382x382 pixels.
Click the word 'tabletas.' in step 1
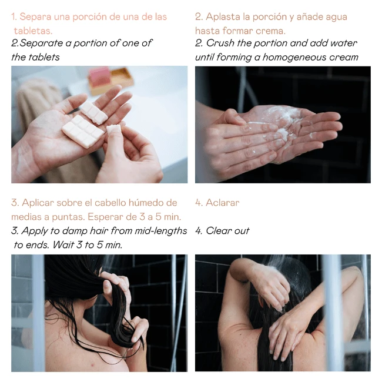coord(33,31)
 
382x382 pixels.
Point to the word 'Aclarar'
coord(223,203)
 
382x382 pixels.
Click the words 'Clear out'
coord(228,231)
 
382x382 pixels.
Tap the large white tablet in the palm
coord(83,131)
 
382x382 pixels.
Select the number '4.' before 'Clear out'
coord(199,231)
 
